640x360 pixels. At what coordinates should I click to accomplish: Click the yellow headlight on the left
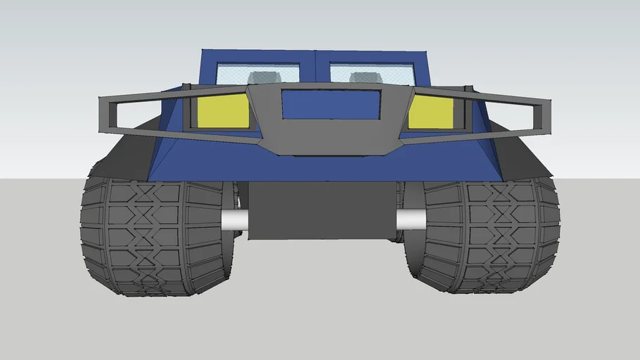(x=223, y=112)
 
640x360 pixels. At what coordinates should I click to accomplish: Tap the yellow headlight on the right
(x=431, y=112)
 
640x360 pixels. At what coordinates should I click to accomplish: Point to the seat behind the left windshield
(x=264, y=77)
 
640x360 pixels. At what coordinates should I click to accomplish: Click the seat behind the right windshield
(x=364, y=77)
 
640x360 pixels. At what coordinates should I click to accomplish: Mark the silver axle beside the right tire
(x=411, y=219)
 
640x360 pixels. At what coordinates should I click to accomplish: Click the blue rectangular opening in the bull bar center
(x=331, y=104)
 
